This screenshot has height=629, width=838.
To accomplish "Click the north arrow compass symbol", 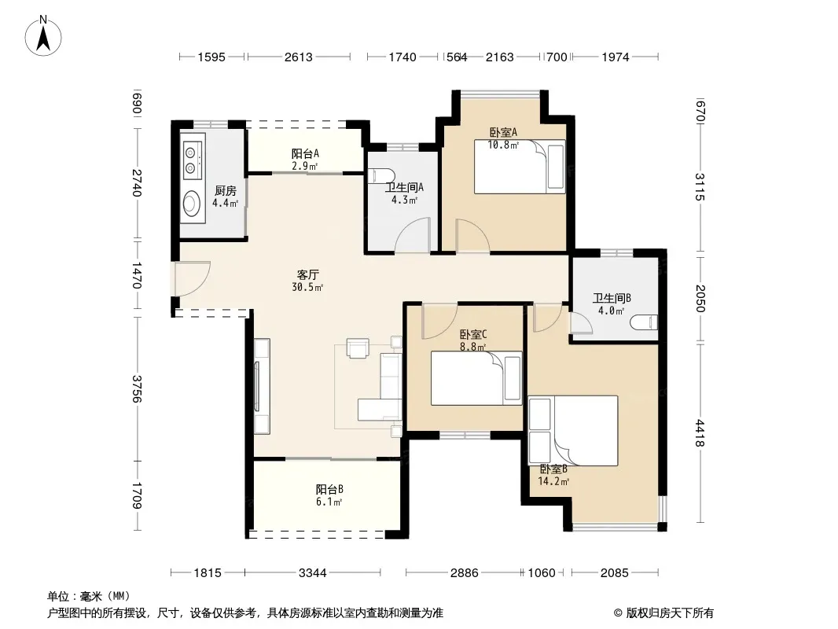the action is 43,36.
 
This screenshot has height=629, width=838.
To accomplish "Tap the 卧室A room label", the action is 503,132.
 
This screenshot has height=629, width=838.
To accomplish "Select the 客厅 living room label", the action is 308,274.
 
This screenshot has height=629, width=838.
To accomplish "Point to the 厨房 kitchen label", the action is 225,190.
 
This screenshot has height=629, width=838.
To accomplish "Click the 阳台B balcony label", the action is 329,489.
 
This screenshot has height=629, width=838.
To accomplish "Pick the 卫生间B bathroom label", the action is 612,298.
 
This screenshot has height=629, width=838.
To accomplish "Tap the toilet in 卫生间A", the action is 381,175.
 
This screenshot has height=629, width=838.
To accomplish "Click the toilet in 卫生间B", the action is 644,322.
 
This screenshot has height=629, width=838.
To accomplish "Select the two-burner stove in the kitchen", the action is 192,160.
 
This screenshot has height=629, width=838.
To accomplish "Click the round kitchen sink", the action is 192,203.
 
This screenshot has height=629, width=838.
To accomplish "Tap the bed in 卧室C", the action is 476,378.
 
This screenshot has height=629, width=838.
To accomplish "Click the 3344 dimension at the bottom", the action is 313,573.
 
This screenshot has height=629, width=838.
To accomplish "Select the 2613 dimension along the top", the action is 298,57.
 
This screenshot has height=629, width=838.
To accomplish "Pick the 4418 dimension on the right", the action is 700,433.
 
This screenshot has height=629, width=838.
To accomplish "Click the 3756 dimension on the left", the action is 138,388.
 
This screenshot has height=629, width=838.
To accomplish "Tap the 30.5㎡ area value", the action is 307,288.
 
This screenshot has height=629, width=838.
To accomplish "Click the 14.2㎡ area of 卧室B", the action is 553,481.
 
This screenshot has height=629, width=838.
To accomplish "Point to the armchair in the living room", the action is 358,348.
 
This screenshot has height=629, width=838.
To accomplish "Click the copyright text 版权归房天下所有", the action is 670,613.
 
